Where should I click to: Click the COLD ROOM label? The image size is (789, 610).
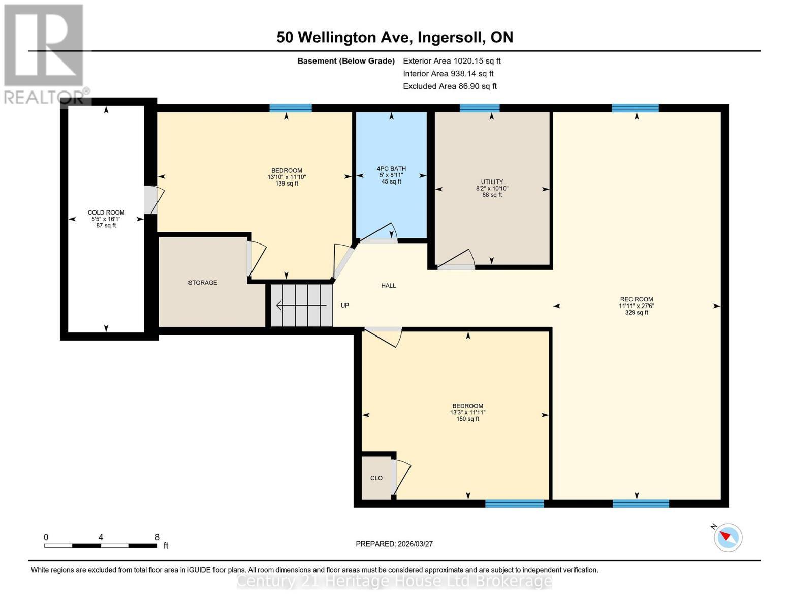click(x=106, y=212)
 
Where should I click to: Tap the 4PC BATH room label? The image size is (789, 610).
click(x=391, y=169)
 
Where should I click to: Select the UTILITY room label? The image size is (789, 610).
click(x=492, y=182)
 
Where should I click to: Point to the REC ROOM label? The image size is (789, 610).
click(x=636, y=299)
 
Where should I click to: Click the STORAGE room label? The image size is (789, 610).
click(x=203, y=283)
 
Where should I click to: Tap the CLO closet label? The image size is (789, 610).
click(x=376, y=478)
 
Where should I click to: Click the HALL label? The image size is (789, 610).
click(x=388, y=286)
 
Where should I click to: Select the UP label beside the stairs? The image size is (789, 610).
click(x=344, y=306)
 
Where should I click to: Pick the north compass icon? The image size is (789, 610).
click(x=728, y=537)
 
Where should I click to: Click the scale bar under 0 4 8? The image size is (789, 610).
click(x=101, y=546)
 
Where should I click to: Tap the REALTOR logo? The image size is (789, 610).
click(x=45, y=53)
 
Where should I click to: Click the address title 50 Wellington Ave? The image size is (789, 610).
click(x=395, y=37)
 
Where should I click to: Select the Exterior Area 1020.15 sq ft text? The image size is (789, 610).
click(x=452, y=61)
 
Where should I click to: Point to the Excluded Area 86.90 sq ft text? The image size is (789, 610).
click(x=450, y=86)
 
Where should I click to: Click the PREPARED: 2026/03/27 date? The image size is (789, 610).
click(x=394, y=544)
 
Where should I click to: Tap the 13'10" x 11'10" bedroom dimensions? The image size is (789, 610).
click(x=287, y=177)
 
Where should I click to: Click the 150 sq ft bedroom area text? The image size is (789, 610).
click(x=467, y=419)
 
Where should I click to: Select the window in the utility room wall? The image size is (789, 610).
click(x=480, y=108)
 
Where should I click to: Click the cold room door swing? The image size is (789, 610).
click(x=153, y=200)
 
